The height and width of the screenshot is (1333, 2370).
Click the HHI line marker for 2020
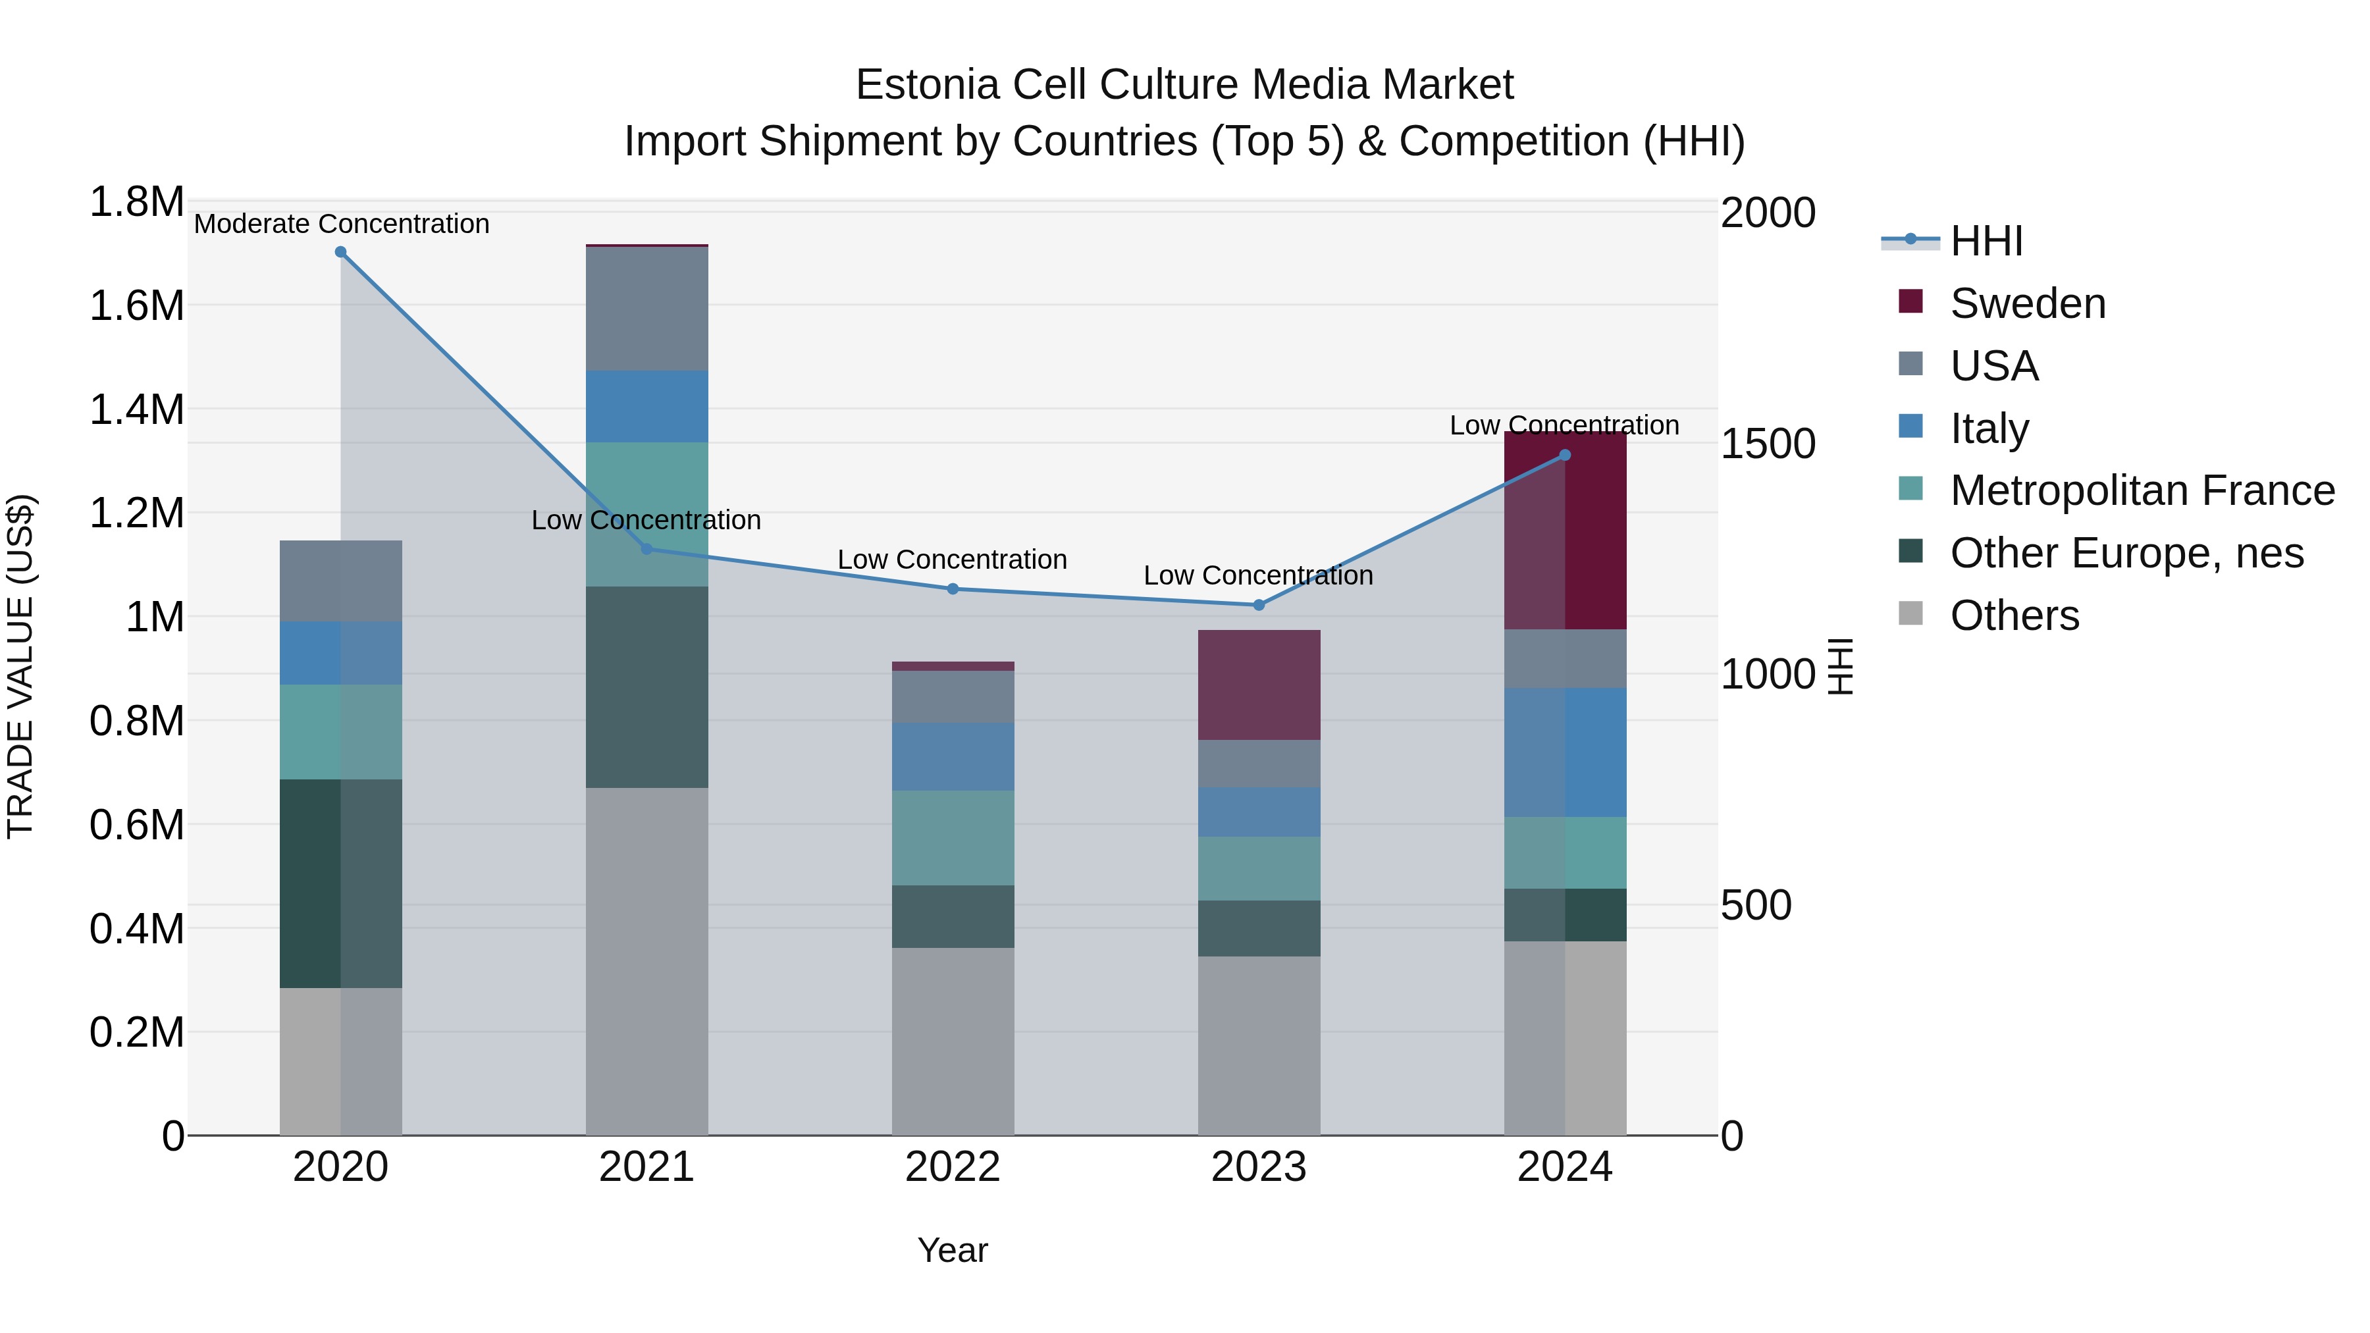tap(340, 252)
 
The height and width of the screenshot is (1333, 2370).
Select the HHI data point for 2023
tap(1259, 606)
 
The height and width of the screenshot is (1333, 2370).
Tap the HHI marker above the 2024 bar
tap(1565, 456)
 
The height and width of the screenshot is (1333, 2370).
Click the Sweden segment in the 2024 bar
tap(1565, 531)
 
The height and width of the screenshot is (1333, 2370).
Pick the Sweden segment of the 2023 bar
tap(1259, 685)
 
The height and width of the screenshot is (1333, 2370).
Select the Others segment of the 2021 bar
tap(646, 961)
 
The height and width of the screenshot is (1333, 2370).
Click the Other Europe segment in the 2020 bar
tap(340, 884)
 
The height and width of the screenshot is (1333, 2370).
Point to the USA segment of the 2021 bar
tap(646, 309)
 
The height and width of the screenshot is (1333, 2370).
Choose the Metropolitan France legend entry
tap(2142, 490)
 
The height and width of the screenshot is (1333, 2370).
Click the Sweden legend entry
tap(2028, 303)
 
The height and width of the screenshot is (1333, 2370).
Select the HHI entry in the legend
tap(1986, 241)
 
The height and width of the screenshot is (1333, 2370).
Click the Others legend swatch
tap(1911, 614)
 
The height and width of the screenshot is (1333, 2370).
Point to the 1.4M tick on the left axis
tap(136, 409)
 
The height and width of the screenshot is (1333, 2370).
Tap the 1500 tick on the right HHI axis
tap(1768, 444)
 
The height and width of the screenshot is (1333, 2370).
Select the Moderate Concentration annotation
tap(341, 224)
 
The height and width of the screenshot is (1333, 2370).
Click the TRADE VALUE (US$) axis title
tap(20, 667)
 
